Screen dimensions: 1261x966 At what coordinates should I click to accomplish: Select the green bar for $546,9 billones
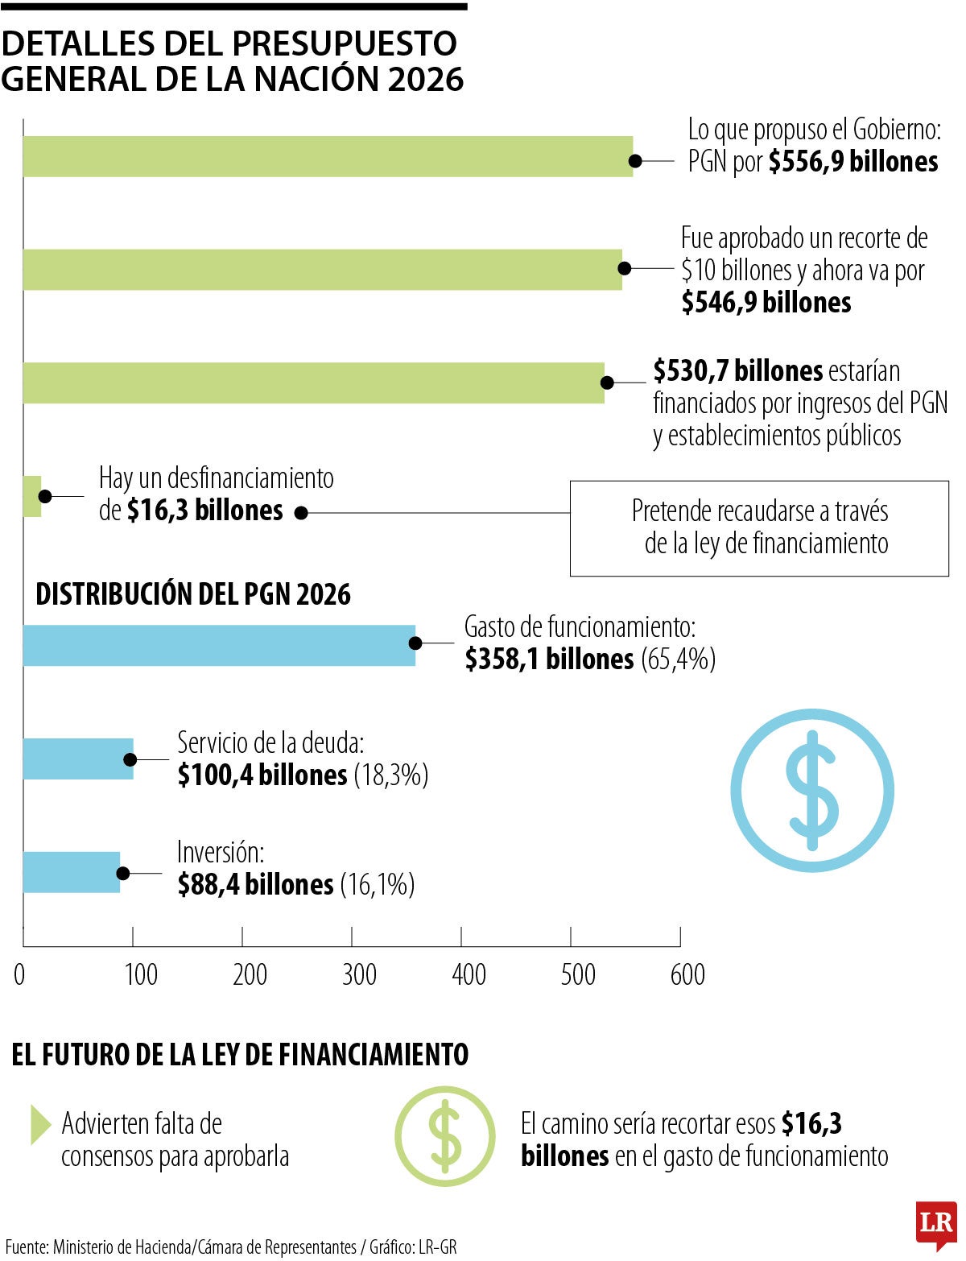322,270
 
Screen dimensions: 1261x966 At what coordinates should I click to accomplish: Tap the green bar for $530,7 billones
314,382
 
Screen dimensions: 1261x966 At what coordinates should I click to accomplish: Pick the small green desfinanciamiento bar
32,496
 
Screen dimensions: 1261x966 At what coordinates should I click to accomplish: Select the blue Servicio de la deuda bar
77,759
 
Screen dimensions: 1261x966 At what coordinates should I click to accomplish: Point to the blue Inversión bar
71,872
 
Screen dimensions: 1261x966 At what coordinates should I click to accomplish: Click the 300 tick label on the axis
359,974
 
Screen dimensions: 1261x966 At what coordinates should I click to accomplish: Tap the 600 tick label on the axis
687,974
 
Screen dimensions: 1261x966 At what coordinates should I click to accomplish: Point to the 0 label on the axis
19,974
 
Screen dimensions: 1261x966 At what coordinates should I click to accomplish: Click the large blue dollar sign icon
812,790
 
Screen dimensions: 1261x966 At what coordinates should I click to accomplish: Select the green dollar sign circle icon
444,1136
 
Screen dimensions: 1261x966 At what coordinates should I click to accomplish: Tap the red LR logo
935,1225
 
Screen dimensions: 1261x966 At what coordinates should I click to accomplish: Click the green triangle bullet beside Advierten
39,1124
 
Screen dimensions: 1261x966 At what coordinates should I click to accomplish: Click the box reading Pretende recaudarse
759,528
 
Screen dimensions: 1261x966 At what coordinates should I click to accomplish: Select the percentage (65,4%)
678,659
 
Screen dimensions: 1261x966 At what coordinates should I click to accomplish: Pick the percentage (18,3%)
390,775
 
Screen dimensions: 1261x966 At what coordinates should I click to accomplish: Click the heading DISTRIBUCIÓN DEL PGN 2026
193,594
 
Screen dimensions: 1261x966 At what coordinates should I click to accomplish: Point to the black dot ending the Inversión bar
123,873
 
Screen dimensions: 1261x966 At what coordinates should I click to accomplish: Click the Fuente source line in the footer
231,1247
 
